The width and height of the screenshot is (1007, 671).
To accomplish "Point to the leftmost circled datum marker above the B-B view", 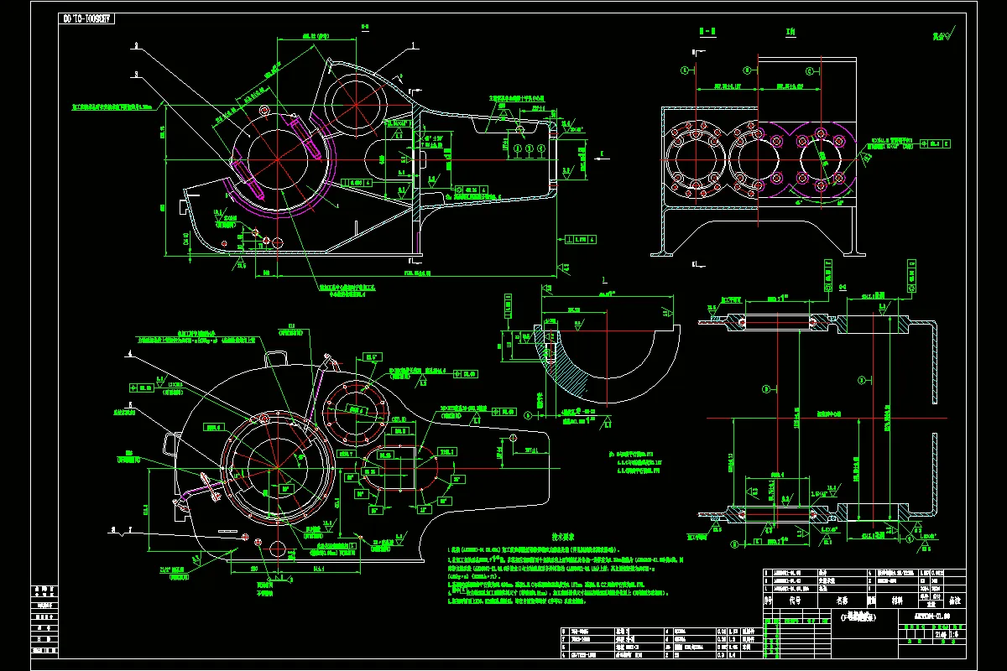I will pos(685,70).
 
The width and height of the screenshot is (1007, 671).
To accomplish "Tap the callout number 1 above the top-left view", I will pos(414,47).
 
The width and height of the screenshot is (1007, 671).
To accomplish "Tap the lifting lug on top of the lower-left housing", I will pos(276,357).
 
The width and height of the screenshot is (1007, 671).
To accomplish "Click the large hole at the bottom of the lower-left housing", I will pos(277,549).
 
